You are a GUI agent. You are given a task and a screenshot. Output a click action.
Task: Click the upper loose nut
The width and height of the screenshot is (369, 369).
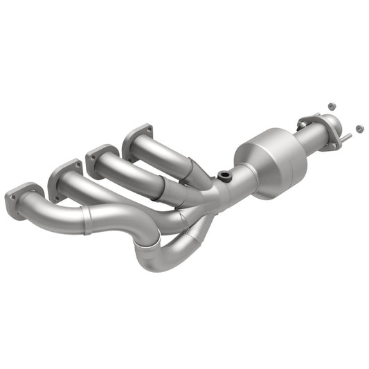[331, 106]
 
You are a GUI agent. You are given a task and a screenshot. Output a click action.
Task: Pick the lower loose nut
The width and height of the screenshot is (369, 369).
[359, 128]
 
